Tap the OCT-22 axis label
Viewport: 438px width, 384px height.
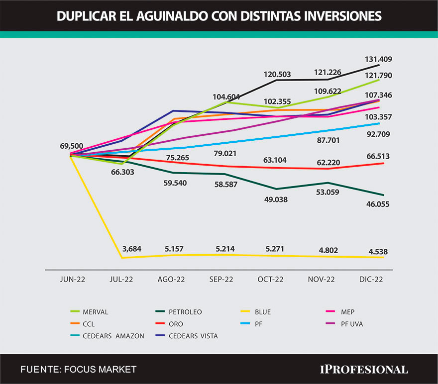tap(271, 279)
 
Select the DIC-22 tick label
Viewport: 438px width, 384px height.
tap(371, 279)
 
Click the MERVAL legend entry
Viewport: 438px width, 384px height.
tap(96, 312)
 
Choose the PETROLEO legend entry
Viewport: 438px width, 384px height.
tap(185, 312)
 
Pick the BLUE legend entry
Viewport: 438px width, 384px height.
tap(263, 312)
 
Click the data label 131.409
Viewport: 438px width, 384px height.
tap(379, 59)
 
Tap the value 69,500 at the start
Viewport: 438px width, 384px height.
tap(71, 146)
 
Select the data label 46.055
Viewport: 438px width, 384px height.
tap(376, 204)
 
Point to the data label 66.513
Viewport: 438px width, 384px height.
tap(376, 156)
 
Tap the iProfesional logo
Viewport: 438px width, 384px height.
tap(363, 369)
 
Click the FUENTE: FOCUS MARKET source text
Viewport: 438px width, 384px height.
tap(78, 369)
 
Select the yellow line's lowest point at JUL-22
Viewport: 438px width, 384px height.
tap(121, 258)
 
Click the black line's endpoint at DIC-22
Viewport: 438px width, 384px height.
tap(379, 65)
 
